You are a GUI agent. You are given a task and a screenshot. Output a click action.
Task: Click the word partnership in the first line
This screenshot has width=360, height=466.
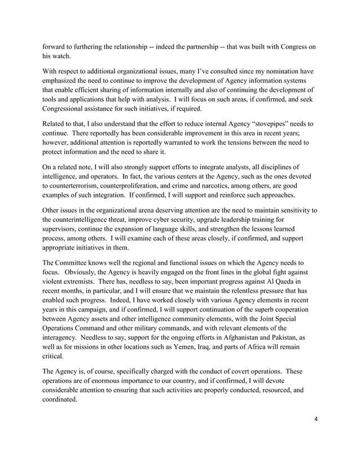[x=199, y=47]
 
